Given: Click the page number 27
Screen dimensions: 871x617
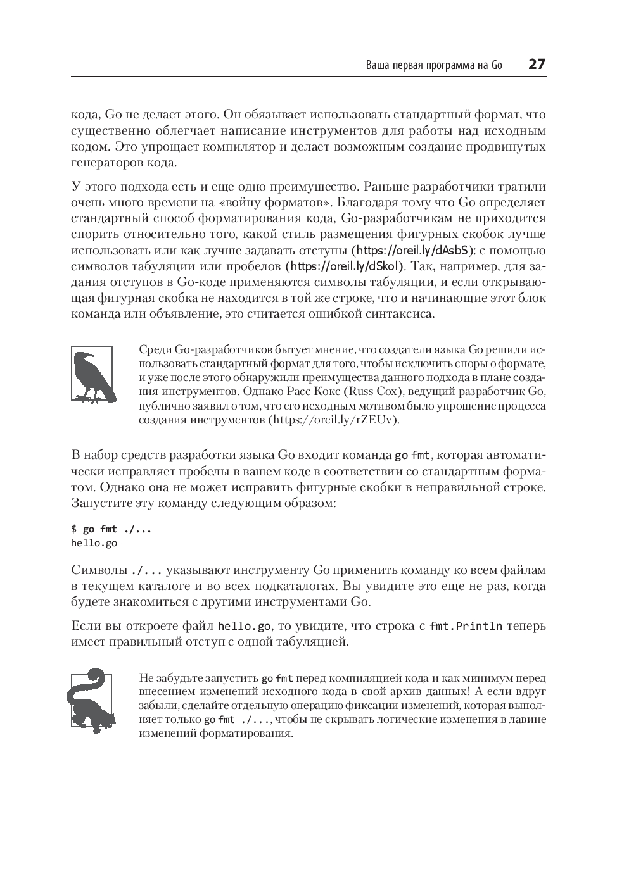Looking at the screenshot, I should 537,64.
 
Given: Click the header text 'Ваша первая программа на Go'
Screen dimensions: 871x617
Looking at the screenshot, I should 434,65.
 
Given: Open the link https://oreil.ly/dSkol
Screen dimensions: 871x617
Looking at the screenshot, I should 347,266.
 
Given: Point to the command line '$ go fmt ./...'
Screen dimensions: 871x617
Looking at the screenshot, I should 111,529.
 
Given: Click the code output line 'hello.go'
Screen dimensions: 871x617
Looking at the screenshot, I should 94,542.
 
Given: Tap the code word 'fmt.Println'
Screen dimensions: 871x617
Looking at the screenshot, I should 466,626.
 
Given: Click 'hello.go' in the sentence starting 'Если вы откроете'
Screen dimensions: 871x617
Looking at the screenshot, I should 245,626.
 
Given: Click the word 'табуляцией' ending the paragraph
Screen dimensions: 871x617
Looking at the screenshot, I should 311,642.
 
